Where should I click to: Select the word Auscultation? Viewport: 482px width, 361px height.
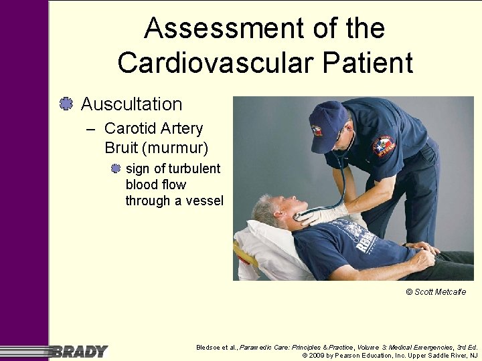tap(131, 104)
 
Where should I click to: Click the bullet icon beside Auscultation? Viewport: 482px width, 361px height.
tap(66, 104)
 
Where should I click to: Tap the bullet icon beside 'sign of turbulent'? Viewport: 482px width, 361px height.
tap(116, 168)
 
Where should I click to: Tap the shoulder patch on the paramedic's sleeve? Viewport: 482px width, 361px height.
tap(384, 146)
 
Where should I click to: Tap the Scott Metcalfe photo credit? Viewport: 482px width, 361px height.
tap(436, 292)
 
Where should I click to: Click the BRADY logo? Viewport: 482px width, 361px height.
tap(79, 351)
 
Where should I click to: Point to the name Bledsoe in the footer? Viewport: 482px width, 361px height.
tap(210, 347)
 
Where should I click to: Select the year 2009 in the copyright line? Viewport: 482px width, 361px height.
tap(317, 355)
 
